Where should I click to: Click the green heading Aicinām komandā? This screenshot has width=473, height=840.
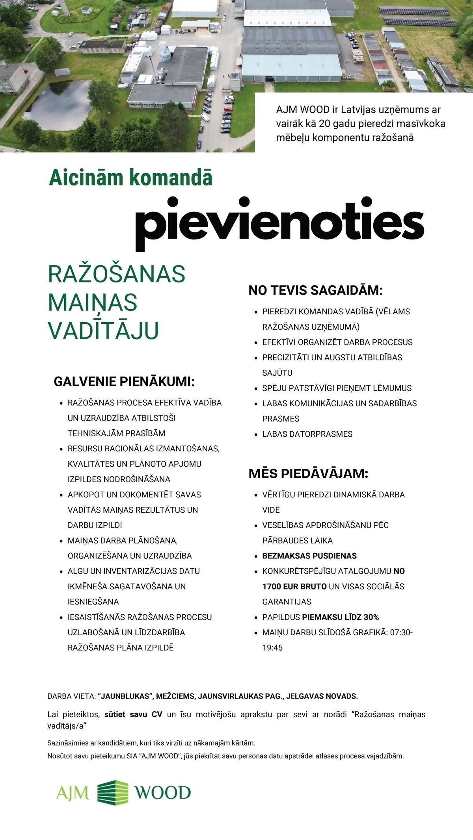(x=130, y=178)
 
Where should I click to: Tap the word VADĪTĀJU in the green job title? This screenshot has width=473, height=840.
(x=103, y=330)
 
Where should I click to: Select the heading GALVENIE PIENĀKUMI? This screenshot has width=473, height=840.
(x=125, y=382)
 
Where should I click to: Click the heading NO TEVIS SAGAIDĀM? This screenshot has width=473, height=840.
(x=315, y=291)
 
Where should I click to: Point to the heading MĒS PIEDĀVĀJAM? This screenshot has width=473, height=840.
(x=308, y=473)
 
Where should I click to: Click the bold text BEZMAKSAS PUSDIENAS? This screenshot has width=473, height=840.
(x=309, y=556)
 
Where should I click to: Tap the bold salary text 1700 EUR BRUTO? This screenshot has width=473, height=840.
(x=294, y=586)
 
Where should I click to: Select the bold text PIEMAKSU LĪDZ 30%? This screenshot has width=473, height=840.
(x=340, y=617)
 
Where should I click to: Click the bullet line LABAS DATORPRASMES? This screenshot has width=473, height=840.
(x=307, y=434)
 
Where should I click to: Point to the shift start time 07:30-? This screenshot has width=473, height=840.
(x=401, y=632)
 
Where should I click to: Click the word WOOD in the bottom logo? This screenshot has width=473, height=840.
(x=163, y=793)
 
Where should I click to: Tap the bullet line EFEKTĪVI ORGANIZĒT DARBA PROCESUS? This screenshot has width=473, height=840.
(x=337, y=342)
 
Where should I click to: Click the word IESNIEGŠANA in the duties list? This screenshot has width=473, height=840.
(x=93, y=602)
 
